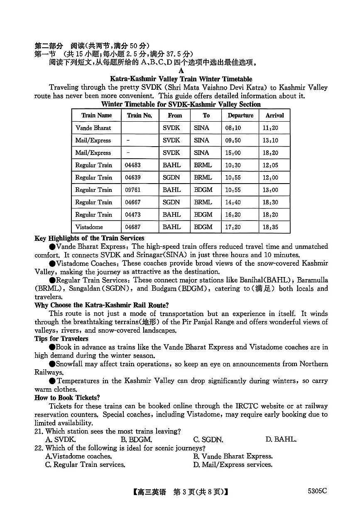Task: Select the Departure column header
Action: click(240, 115)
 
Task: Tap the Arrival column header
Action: click(274, 115)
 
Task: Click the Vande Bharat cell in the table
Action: click(93, 128)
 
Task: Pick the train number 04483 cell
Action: click(133, 165)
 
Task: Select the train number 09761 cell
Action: click(133, 190)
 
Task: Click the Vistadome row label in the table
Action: click(89, 227)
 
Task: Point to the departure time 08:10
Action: click(233, 128)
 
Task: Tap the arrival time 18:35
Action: click(270, 227)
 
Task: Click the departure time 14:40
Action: click(233, 202)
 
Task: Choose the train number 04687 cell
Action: click(133, 227)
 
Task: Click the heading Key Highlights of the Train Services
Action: click(89, 238)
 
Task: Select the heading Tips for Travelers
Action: click(61, 339)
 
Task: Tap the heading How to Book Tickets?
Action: click(67, 398)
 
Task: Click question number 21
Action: click(39, 432)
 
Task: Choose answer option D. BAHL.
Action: click(281, 439)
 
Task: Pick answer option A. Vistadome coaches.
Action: click(78, 456)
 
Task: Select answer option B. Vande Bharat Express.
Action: click(233, 456)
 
